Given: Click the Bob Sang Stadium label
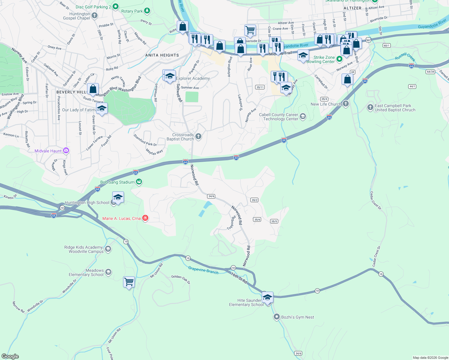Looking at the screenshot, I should coord(117,182).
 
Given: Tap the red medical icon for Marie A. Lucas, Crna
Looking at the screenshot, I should coord(145,218).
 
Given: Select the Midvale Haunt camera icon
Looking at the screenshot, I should coord(66,151).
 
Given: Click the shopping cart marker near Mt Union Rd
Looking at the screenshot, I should coord(129,282).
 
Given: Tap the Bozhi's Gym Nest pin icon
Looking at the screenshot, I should coord(277,317).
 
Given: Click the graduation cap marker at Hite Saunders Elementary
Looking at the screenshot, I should coord(267,297).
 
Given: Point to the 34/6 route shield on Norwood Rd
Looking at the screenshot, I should coord(211,196).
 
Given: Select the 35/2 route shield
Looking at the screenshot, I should coord(254,200).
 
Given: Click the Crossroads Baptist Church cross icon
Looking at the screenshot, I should coord(198,137).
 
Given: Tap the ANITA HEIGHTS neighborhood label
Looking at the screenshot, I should coord(162,55).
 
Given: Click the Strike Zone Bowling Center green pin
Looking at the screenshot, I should coord(339,59).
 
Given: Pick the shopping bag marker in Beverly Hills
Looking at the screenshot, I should coord(93,89).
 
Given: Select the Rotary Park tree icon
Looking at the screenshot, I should coord(147,11).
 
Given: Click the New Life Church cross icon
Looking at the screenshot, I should coord(346,104).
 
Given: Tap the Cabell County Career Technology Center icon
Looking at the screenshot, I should coord(303,116).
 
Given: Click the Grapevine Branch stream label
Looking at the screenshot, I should coord(203,270).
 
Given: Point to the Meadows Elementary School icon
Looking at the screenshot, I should coord(108,272).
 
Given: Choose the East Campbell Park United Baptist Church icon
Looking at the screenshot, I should coord(370,107).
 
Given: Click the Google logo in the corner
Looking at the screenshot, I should coord(10,356).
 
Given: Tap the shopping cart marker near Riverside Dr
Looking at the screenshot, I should coord(250,30).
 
